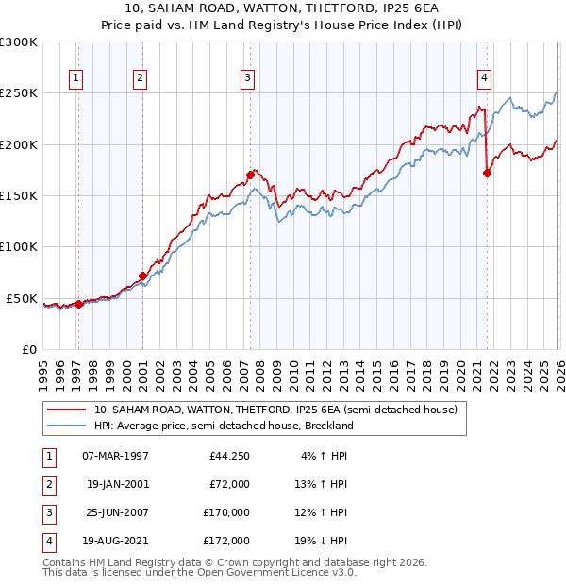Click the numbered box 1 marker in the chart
coord(75,78)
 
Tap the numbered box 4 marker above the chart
coord(484,78)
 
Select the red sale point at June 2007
coord(250,175)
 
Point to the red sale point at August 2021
coord(488,173)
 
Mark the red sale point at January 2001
coord(142,276)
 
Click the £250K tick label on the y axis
coord(19,93)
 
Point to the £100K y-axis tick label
coord(19,246)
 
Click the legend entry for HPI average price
coord(224,426)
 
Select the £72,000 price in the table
coord(229,484)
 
